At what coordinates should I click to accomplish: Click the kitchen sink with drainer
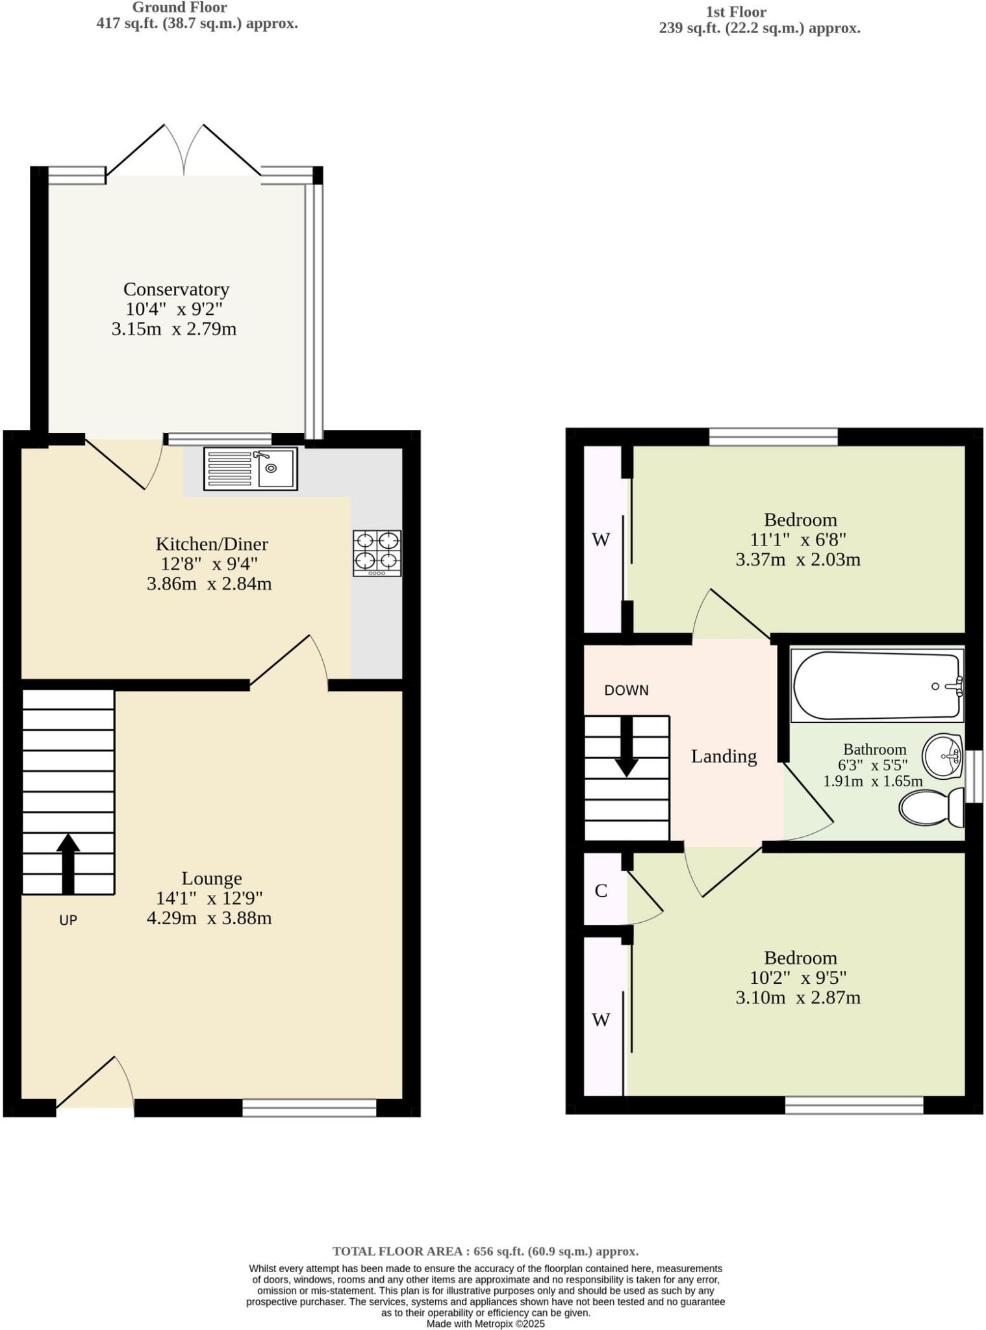click(x=250, y=468)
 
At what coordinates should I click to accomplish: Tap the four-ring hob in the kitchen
click(x=377, y=553)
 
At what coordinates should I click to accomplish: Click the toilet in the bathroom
click(x=931, y=807)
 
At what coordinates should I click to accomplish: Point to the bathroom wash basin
click(x=942, y=757)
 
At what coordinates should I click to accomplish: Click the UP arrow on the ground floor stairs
click(x=68, y=863)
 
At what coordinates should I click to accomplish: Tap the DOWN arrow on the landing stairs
click(x=626, y=746)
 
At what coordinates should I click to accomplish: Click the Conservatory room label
click(x=176, y=289)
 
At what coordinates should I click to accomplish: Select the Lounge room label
click(x=212, y=878)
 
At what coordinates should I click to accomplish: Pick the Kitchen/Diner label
click(x=212, y=544)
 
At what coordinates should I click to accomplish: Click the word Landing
click(x=724, y=757)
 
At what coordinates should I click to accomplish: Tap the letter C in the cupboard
click(x=601, y=891)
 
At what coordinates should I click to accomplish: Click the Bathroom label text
click(x=874, y=749)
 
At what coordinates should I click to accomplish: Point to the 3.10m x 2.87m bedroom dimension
click(x=798, y=997)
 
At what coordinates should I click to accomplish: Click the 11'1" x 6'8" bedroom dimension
click(x=798, y=540)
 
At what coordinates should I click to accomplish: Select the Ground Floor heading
click(x=179, y=8)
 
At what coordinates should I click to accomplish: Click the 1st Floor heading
click(x=736, y=12)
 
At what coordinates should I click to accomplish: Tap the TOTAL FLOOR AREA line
click(x=485, y=1251)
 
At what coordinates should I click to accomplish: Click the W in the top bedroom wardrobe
click(x=601, y=540)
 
